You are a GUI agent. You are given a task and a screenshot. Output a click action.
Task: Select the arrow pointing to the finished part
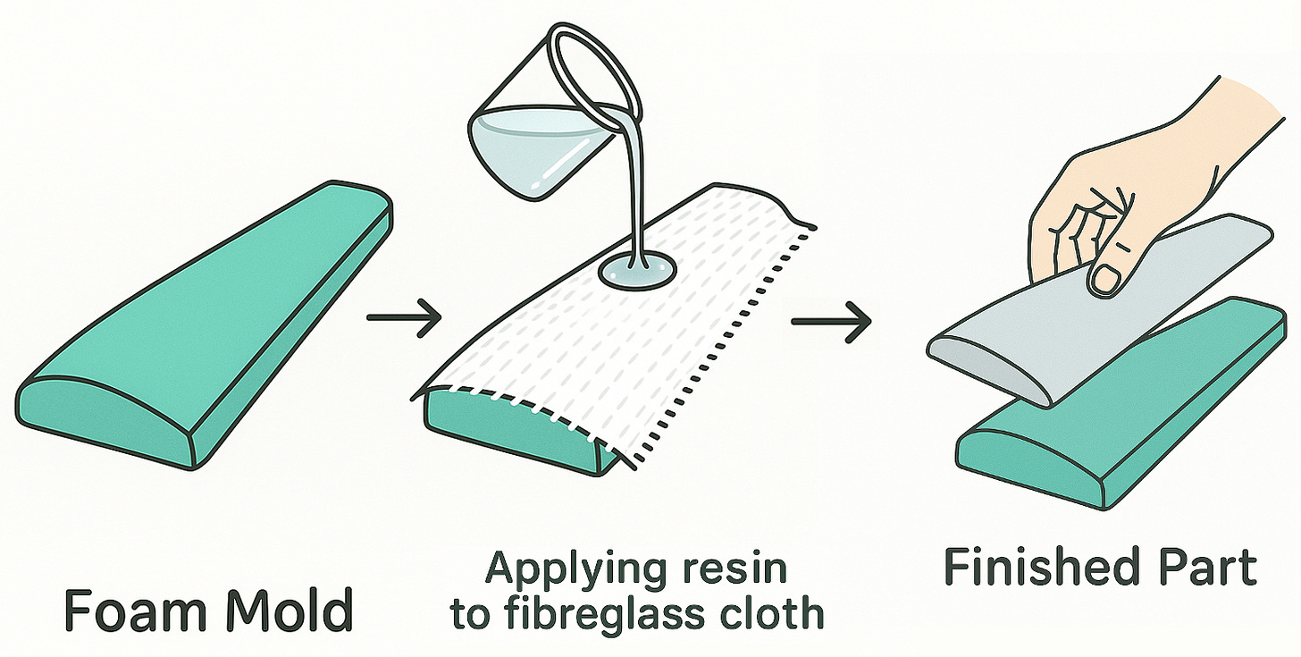(831, 320)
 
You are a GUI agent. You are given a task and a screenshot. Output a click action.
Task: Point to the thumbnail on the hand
(1105, 279)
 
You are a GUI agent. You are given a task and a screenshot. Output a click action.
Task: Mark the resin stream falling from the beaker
(634, 197)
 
